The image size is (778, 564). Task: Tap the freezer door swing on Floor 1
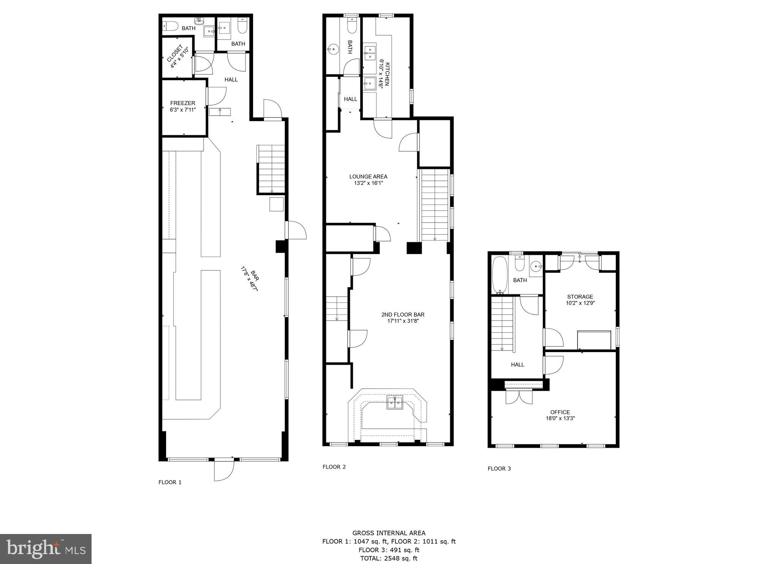(x=217, y=96)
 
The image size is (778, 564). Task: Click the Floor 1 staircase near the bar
(x=271, y=169)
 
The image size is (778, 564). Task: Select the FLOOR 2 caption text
(x=334, y=467)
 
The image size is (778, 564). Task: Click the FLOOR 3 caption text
(x=499, y=469)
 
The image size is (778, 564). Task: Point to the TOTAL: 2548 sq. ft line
(x=389, y=558)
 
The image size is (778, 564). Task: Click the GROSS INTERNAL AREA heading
(x=389, y=533)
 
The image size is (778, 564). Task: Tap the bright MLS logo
(x=46, y=549)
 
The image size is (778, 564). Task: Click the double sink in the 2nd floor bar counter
(x=395, y=402)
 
